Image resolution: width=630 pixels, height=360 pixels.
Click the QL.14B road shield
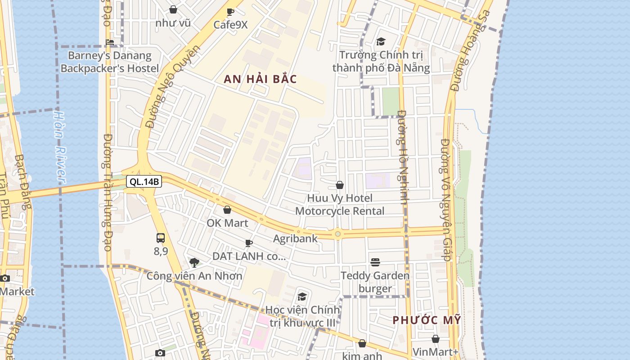tap(144, 182)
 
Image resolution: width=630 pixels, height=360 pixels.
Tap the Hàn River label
tap(59, 147)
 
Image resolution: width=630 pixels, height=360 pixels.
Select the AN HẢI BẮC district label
tap(261, 79)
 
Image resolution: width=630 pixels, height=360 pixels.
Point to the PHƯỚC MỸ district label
tap(427, 320)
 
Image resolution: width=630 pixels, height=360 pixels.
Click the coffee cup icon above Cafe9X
tap(230, 12)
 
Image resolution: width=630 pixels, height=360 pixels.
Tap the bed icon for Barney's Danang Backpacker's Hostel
tap(110, 42)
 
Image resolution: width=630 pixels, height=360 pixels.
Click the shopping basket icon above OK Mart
tap(227, 210)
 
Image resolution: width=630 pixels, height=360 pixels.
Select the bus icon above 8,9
tap(161, 238)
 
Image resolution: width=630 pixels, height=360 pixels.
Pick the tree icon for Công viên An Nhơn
tap(194, 262)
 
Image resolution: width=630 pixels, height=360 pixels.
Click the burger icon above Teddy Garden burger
tap(375, 262)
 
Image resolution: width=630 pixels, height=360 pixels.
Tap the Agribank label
tap(295, 238)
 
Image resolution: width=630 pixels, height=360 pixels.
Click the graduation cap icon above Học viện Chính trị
tap(302, 297)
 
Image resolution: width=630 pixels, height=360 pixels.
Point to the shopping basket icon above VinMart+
tap(435, 339)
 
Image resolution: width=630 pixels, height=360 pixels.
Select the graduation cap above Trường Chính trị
tap(381, 41)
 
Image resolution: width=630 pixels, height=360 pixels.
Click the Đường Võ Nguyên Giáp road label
tap(445, 200)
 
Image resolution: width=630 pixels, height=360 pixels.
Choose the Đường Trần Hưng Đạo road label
tap(108, 192)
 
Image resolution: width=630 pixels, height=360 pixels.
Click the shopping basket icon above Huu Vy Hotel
tap(340, 185)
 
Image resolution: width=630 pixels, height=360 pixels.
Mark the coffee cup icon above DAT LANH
tap(249, 243)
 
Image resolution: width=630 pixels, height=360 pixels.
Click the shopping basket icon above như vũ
tap(173, 9)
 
